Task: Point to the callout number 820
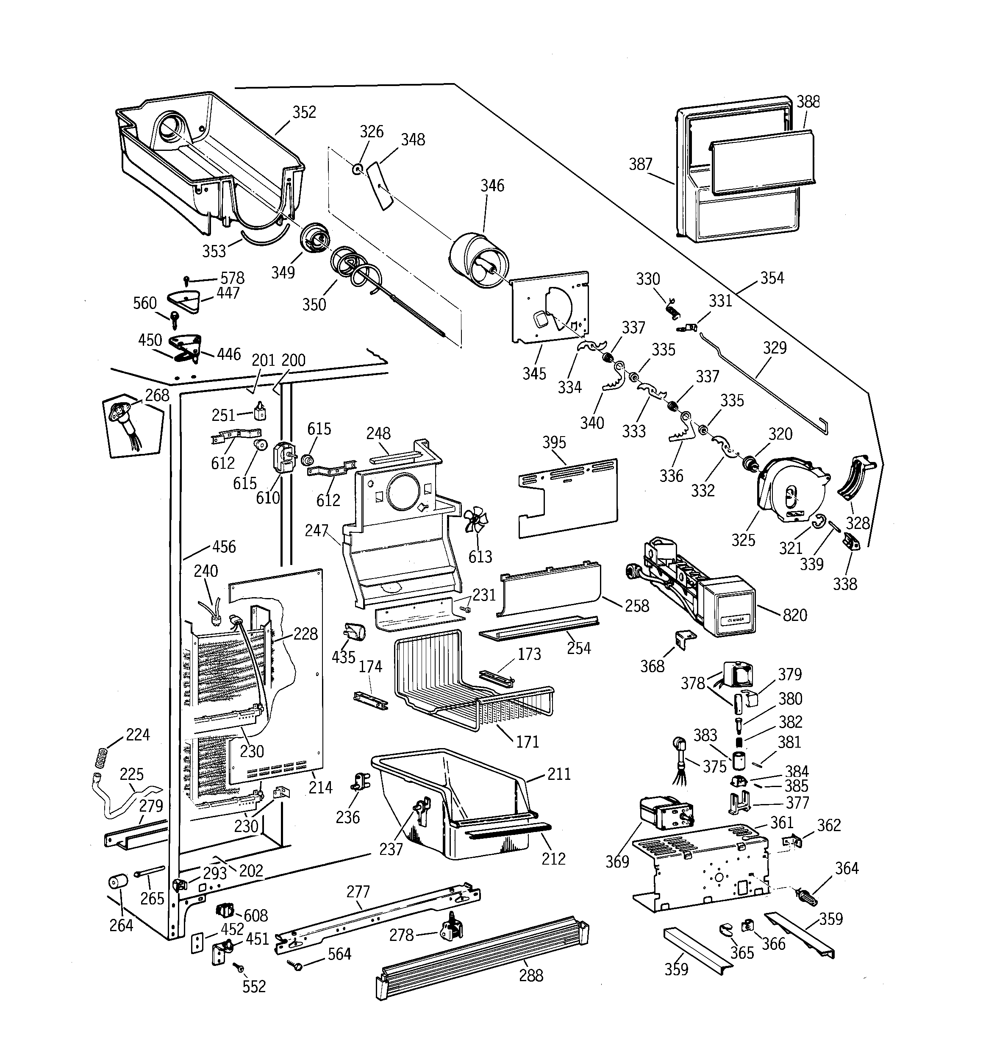click(x=794, y=615)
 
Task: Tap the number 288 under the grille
click(x=531, y=975)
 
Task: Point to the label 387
click(x=641, y=164)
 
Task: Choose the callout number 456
click(x=224, y=546)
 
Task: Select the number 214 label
click(x=320, y=787)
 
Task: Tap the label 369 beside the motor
click(x=617, y=861)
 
